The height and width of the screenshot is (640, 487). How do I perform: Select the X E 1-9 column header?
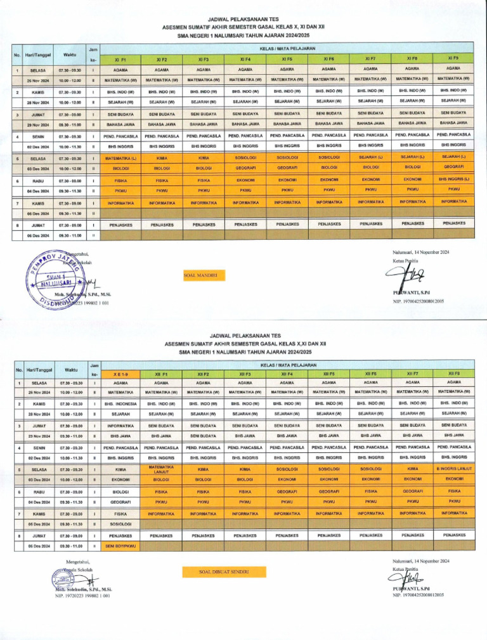120,374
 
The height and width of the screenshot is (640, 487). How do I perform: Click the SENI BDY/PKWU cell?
120,545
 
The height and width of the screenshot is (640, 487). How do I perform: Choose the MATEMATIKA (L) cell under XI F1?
120,157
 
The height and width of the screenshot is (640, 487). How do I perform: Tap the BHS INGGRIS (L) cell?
453,179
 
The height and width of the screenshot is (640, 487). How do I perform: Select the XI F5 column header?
287,58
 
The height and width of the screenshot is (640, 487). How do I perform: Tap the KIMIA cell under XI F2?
162,157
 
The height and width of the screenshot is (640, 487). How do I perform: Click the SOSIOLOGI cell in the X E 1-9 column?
120,525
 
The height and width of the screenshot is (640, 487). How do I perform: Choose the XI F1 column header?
120,58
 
